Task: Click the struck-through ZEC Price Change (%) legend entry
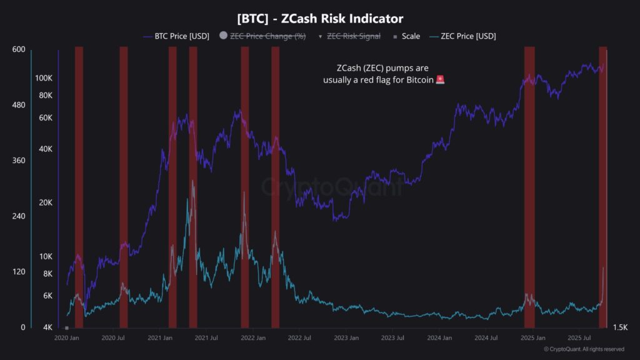tap(267, 36)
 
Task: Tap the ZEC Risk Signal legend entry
tap(354, 36)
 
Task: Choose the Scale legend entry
tap(410, 36)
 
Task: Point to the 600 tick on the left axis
tap(18, 50)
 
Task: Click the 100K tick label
tap(44, 78)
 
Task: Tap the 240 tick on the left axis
tap(18, 216)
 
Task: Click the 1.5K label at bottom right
tap(620, 327)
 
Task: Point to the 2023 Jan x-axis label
tap(346, 338)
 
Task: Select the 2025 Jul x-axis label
tap(579, 338)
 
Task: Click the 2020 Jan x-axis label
tap(66, 338)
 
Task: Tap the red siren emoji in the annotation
tap(440, 80)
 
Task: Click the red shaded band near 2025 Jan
tap(529, 187)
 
